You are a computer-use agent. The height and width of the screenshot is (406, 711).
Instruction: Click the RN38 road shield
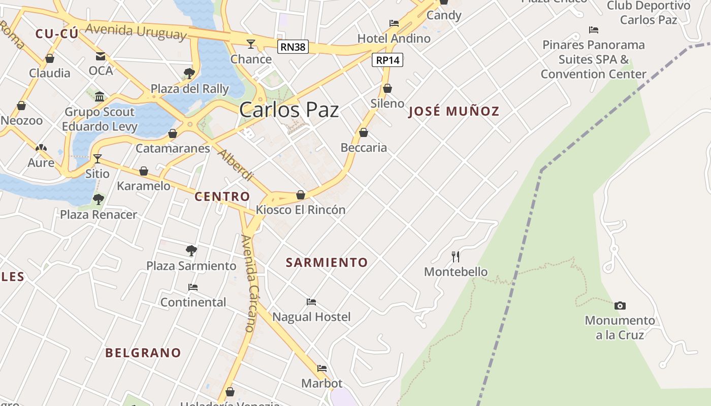point(293,47)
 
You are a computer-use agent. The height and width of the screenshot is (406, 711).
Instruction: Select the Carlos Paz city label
point(288,110)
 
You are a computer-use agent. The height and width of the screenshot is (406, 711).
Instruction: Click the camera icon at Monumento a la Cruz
point(620,306)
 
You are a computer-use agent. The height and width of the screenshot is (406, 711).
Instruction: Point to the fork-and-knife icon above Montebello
point(456,257)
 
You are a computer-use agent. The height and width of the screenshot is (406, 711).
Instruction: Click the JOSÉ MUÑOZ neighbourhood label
point(454,112)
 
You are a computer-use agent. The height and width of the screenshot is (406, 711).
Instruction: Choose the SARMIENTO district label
point(327,262)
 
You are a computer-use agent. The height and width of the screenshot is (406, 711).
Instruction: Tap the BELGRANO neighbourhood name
point(143,353)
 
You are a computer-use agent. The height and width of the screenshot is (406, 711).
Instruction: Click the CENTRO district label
point(222,196)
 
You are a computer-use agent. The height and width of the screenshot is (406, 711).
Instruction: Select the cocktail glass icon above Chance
point(251,44)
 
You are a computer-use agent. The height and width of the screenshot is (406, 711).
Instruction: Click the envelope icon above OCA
point(101,56)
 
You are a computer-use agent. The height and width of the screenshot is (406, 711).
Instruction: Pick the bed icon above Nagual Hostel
point(311,302)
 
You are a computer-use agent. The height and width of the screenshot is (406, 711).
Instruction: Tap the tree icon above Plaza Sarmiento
point(191,250)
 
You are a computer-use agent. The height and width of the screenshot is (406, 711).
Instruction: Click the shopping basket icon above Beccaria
point(364,133)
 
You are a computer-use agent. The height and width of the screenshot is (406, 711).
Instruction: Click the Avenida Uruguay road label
point(136,31)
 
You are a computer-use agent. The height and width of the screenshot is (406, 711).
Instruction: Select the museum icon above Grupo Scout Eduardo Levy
point(100,96)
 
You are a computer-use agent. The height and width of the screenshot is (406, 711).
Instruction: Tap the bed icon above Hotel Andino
point(394,23)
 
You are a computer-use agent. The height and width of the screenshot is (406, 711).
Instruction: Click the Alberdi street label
point(235,165)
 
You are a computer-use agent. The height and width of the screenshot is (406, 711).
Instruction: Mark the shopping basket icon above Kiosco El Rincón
point(301,195)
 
